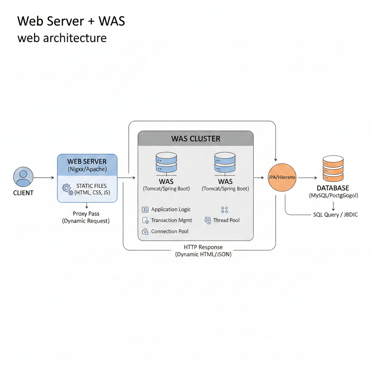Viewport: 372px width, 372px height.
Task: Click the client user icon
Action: coord(23,177)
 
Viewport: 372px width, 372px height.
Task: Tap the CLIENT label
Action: coord(23,193)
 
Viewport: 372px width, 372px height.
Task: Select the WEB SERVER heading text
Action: coord(87,162)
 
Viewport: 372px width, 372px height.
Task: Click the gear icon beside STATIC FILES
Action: coord(67,189)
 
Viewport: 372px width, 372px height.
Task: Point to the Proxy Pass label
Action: coord(86,214)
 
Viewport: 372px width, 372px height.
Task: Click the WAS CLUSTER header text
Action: coord(196,139)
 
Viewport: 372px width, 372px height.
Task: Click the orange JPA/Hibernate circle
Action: coord(282,177)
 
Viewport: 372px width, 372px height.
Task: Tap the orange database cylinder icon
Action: coord(333,169)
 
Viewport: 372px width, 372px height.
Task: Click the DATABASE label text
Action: coord(333,188)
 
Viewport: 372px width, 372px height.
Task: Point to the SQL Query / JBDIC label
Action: coord(335,215)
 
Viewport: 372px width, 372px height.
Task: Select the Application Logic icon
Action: coord(145,210)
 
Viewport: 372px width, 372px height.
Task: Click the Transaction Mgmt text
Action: coord(171,221)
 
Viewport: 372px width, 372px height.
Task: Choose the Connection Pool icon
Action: coord(145,231)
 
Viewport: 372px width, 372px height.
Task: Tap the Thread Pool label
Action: coord(226,221)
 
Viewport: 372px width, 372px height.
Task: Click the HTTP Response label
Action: coord(203,247)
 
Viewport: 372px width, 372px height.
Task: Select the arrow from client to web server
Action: coord(44,178)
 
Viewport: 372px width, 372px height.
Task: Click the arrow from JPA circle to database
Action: coord(307,178)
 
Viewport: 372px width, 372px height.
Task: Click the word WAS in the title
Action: coord(112,21)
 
